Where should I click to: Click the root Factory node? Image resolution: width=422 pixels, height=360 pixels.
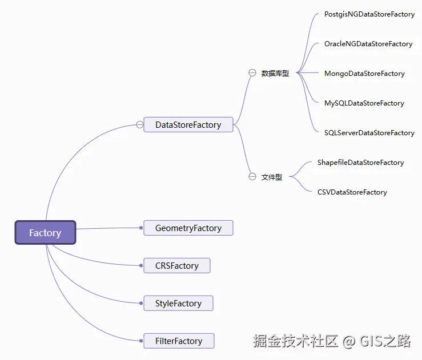tap(45, 233)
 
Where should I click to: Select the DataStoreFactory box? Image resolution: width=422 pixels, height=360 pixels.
tap(188, 124)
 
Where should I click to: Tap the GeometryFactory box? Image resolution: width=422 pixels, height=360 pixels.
tap(188, 228)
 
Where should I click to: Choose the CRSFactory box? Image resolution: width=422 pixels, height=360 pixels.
tap(176, 265)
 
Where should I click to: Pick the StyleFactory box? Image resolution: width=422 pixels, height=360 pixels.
tap(178, 303)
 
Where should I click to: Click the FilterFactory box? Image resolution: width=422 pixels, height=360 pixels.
tap(179, 341)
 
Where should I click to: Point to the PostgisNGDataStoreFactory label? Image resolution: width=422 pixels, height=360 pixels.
tap(369, 14)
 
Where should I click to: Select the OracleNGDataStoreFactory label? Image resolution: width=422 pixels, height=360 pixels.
tap(368, 44)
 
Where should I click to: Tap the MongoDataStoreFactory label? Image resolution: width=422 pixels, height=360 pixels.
tap(364, 74)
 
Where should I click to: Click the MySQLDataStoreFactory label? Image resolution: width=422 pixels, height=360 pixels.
tap(364, 103)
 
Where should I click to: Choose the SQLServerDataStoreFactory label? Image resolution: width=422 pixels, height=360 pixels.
tap(369, 133)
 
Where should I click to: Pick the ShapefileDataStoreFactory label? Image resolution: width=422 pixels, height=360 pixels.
tap(360, 163)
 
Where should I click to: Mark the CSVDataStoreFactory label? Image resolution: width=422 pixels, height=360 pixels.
tap(352, 192)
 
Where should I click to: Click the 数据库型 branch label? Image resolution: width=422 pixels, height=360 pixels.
tap(275, 74)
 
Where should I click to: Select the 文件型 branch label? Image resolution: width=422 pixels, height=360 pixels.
tap(271, 177)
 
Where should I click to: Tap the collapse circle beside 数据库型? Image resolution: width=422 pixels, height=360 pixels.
tap(252, 72)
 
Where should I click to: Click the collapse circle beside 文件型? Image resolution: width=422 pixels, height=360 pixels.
tap(252, 177)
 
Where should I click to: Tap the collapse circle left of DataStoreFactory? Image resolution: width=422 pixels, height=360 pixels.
tap(140, 124)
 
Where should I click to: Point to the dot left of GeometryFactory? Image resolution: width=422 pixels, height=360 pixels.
tap(141, 228)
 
